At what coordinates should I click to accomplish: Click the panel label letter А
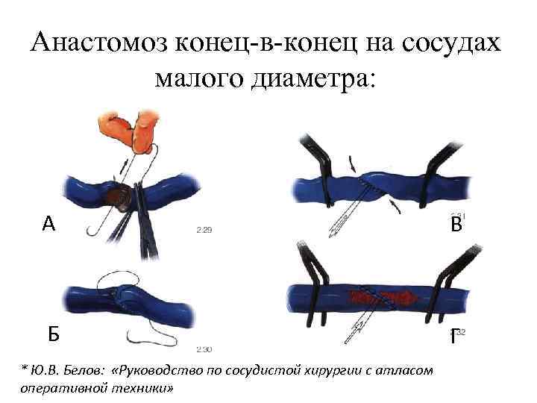pyautogui.click(x=49, y=223)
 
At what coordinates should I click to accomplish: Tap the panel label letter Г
pyautogui.click(x=453, y=337)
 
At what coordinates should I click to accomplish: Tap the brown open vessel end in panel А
pyautogui.click(x=116, y=196)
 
